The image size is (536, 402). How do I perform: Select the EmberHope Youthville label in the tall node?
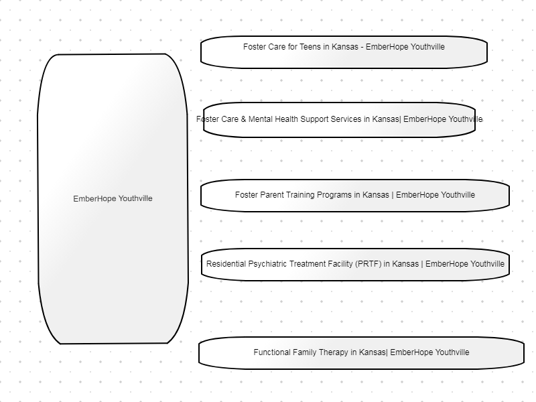tap(113, 198)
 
